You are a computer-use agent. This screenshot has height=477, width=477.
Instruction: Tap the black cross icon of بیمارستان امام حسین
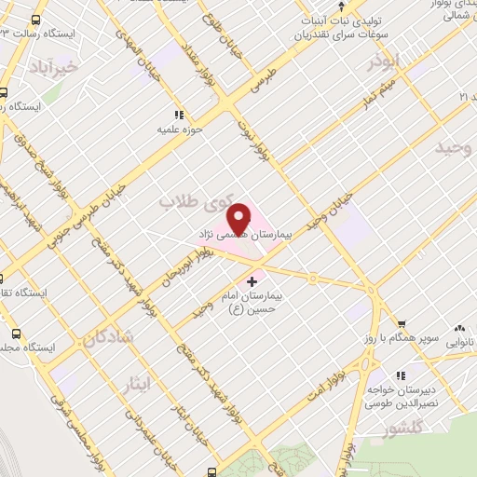point(252,280)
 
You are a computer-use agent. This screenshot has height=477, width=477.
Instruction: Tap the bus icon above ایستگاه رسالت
point(35,19)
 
